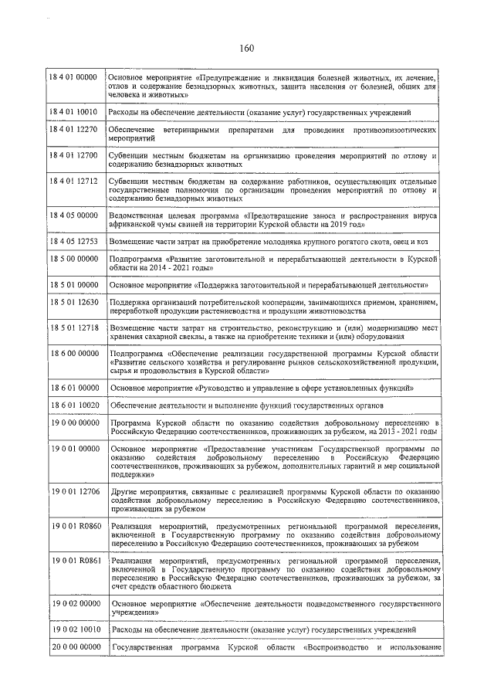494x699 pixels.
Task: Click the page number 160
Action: pos(247,48)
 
